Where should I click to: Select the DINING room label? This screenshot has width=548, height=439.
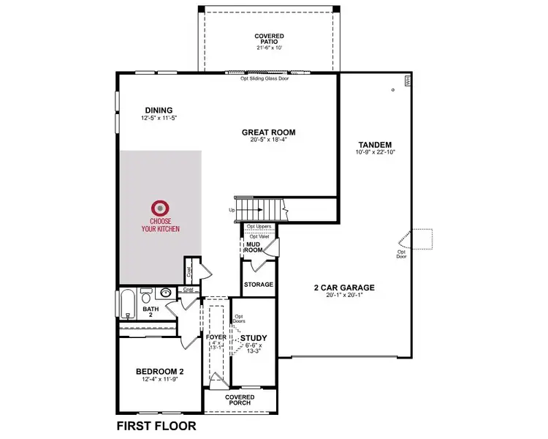point(158,110)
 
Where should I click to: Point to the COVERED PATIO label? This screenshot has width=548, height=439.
point(269,36)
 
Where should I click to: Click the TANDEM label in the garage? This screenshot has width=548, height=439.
point(376,144)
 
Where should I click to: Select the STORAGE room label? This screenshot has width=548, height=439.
point(259,285)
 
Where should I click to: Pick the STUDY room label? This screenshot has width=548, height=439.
point(254,338)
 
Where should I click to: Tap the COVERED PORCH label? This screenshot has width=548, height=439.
point(240,399)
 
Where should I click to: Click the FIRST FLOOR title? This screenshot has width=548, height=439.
point(156,425)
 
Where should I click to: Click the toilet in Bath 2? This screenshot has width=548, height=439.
point(147,299)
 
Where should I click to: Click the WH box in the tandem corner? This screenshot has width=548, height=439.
point(407,80)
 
